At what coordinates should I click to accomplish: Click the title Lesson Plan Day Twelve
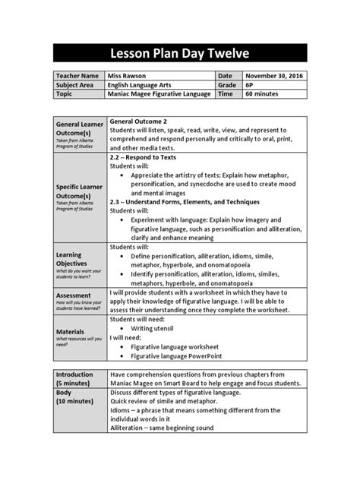[x=180, y=53]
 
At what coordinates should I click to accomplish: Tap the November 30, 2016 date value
[x=274, y=76]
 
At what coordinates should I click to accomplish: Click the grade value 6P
[x=249, y=85]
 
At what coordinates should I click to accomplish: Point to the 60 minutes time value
[x=262, y=94]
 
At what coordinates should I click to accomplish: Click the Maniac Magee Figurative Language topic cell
[x=159, y=94]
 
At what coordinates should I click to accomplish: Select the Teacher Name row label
[x=77, y=76]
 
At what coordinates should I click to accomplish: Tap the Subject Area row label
[x=76, y=85]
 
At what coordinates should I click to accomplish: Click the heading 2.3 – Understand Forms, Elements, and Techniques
[x=185, y=202]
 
